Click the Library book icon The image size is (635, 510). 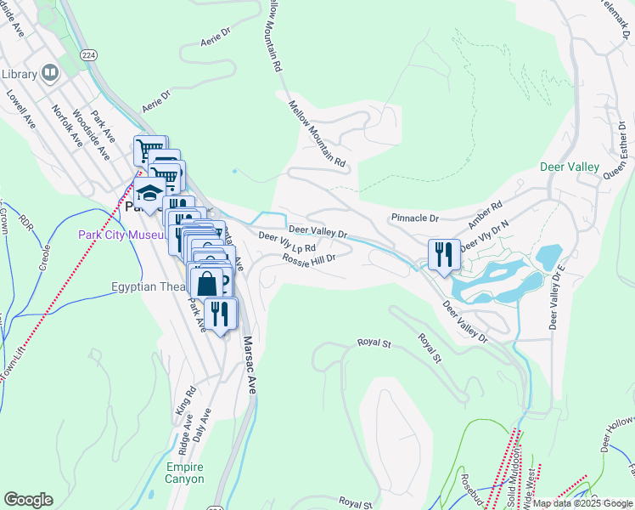click(x=48, y=74)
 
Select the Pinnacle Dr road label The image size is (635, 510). click(x=414, y=218)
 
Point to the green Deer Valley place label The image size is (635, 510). click(x=570, y=167)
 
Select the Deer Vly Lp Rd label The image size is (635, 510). click(x=286, y=242)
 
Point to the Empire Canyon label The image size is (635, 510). click(x=185, y=473)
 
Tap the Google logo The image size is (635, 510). click(x=28, y=500)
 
